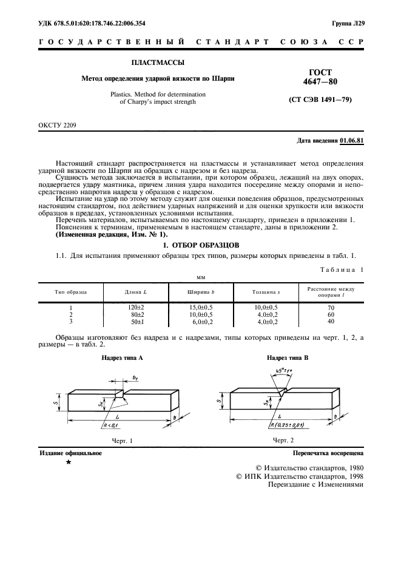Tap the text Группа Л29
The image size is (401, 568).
tap(348, 23)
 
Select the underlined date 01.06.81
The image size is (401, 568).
tap(352, 141)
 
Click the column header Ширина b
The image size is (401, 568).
tap(201, 292)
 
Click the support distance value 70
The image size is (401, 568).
tap(331, 308)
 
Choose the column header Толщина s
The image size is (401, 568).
tap(266, 292)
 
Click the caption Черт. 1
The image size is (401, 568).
tap(123, 440)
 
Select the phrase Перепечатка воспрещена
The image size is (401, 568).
tap(328, 453)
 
